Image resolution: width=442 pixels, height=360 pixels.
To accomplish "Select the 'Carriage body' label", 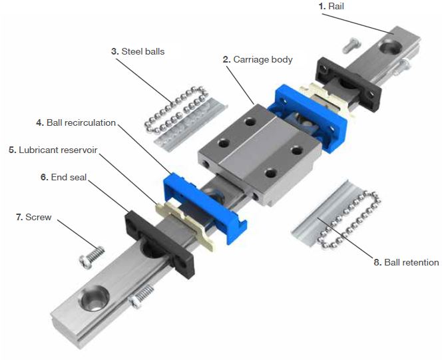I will pyautogui.click(x=262, y=59).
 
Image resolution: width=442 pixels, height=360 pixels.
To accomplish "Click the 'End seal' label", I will pyautogui.click(x=61, y=177).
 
